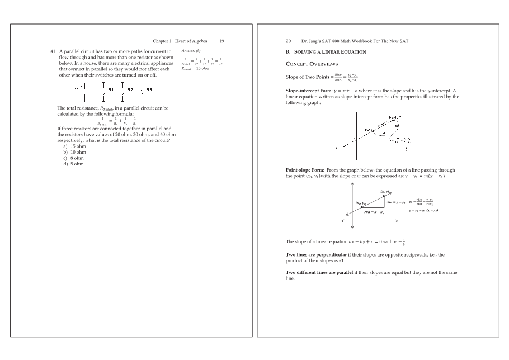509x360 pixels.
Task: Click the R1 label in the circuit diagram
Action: tap(111, 89)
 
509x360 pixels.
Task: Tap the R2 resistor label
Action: tap(130, 89)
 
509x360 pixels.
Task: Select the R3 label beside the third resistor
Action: tap(149, 89)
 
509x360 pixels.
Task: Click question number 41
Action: tap(54, 51)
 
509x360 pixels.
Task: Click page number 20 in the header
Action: tap(289, 41)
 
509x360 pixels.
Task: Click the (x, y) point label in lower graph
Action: tap(385, 192)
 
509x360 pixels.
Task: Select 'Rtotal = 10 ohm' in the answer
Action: tap(200, 69)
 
